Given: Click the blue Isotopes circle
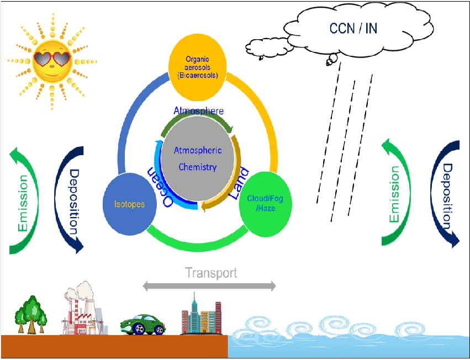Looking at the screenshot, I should (129, 204).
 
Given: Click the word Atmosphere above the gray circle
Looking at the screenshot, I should (199, 110).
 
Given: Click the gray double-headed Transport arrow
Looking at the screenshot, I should (209, 285).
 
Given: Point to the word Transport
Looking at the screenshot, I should (211, 273).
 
